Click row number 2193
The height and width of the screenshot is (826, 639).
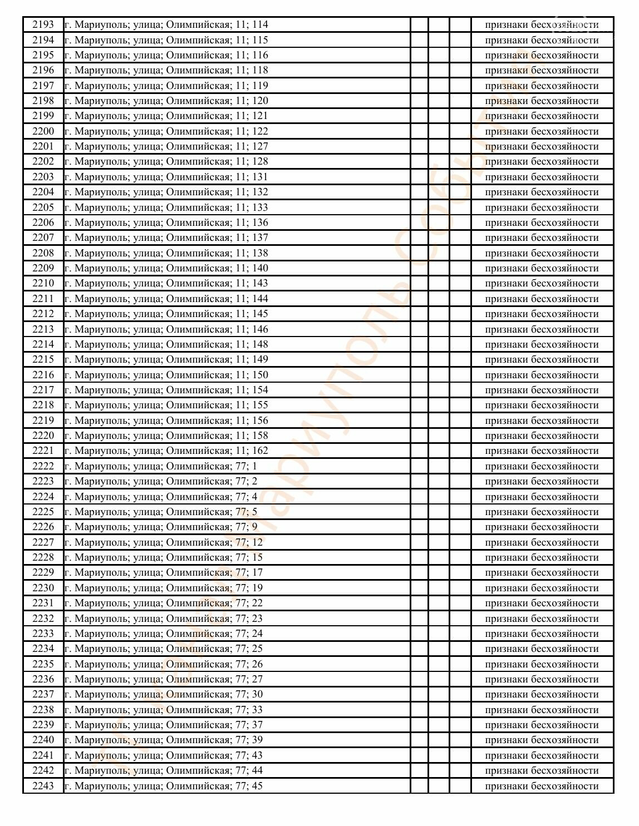(x=43, y=24)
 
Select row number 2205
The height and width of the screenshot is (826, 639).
(x=43, y=207)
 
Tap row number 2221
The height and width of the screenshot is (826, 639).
(x=43, y=451)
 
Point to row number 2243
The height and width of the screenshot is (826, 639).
(x=43, y=786)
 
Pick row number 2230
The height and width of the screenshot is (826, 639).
(x=43, y=588)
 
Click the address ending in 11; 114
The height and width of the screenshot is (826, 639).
(x=166, y=24)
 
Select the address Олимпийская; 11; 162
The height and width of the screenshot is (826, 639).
(x=166, y=451)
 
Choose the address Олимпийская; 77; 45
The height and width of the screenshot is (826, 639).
(x=163, y=786)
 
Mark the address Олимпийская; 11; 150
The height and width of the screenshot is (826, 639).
(x=166, y=375)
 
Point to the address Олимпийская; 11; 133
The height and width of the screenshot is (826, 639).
(x=166, y=207)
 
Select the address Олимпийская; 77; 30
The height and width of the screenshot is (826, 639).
(x=163, y=694)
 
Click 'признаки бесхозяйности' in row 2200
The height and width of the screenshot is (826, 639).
(x=542, y=131)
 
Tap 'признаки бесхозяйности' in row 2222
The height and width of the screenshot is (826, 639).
(x=542, y=466)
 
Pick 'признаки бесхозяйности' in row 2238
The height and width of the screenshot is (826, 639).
(x=542, y=710)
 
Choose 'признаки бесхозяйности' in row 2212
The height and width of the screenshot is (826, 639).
(x=542, y=314)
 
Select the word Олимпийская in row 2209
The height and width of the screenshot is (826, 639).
(x=198, y=268)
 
